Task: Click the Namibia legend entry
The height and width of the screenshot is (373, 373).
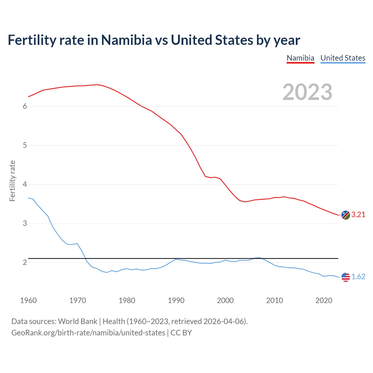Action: pyautogui.click(x=300, y=58)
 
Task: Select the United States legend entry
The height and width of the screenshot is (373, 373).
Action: pyautogui.click(x=343, y=58)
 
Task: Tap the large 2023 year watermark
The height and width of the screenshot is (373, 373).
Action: pyautogui.click(x=307, y=92)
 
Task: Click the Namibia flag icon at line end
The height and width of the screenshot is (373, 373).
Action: pyautogui.click(x=346, y=215)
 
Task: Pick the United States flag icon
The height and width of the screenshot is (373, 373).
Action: pyautogui.click(x=346, y=277)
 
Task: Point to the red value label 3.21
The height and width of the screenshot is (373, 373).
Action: pyautogui.click(x=358, y=215)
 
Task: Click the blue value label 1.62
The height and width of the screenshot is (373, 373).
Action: pyautogui.click(x=358, y=277)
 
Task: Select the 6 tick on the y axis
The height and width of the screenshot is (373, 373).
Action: pyautogui.click(x=25, y=106)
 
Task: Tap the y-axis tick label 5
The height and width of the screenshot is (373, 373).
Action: pyautogui.click(x=25, y=145)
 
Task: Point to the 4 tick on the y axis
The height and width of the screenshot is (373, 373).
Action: pyautogui.click(x=25, y=184)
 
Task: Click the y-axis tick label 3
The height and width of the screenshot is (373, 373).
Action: pyautogui.click(x=25, y=224)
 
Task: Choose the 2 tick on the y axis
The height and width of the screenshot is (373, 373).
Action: pyautogui.click(x=25, y=263)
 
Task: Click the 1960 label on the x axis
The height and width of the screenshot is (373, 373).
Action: pyautogui.click(x=28, y=300)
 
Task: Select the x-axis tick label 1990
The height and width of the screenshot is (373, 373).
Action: pyautogui.click(x=176, y=300)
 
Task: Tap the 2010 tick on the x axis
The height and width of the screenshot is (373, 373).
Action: pyautogui.click(x=275, y=300)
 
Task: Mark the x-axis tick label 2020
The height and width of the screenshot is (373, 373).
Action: pyautogui.click(x=324, y=300)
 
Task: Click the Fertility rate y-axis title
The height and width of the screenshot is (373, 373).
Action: pyautogui.click(x=12, y=181)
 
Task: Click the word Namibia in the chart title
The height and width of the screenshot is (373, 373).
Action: pyautogui.click(x=126, y=40)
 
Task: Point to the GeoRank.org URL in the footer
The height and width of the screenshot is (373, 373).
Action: pyautogui.click(x=88, y=333)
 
